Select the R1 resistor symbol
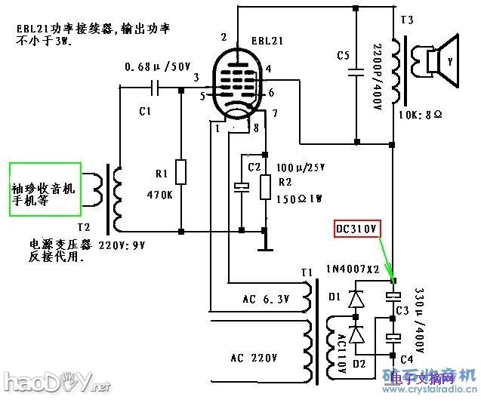pyautogui.click(x=181, y=172)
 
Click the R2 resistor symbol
pyautogui.click(x=264, y=186)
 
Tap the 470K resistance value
pyautogui.click(x=161, y=194)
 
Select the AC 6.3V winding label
pyautogui.click(x=266, y=300)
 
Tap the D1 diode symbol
pyautogui.click(x=355, y=299)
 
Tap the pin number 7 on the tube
pyautogui.click(x=275, y=112)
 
